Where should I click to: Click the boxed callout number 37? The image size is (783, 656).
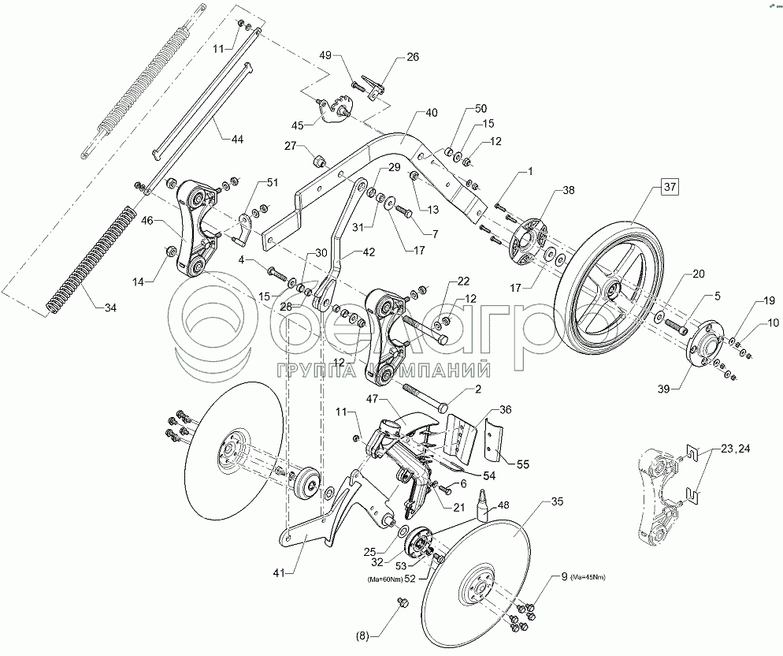[670, 187]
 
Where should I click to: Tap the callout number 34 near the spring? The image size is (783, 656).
[110, 307]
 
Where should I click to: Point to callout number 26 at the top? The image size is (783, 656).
[413, 57]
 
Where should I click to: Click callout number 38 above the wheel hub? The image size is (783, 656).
[568, 191]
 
